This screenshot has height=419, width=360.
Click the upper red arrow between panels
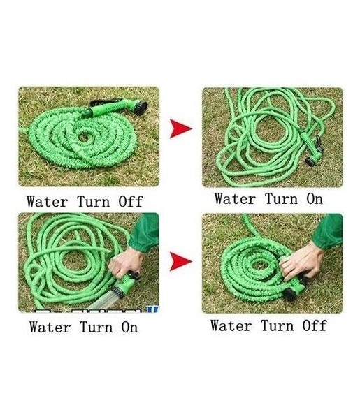[x=180, y=128]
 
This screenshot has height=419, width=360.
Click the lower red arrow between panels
[x=180, y=262]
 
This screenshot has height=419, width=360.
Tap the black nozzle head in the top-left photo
[x=141, y=107]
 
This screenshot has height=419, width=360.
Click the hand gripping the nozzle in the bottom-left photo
[x=126, y=263]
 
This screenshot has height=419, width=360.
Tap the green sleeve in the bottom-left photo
[x=145, y=233]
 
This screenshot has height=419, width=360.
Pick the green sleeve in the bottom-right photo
[x=329, y=231]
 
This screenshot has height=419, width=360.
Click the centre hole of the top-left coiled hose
[x=85, y=137]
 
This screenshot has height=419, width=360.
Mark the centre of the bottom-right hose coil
[x=259, y=265]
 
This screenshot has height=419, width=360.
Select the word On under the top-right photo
[x=315, y=199]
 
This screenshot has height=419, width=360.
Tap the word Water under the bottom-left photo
[x=50, y=327]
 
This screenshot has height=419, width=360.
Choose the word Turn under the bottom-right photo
[x=277, y=325]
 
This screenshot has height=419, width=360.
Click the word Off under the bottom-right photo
[x=315, y=325]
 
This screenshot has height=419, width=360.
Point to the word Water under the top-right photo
[x=235, y=199]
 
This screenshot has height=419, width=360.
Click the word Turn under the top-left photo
[x=94, y=202]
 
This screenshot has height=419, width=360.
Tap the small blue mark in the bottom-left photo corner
[x=152, y=309]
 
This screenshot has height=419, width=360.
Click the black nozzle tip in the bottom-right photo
[x=289, y=294]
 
